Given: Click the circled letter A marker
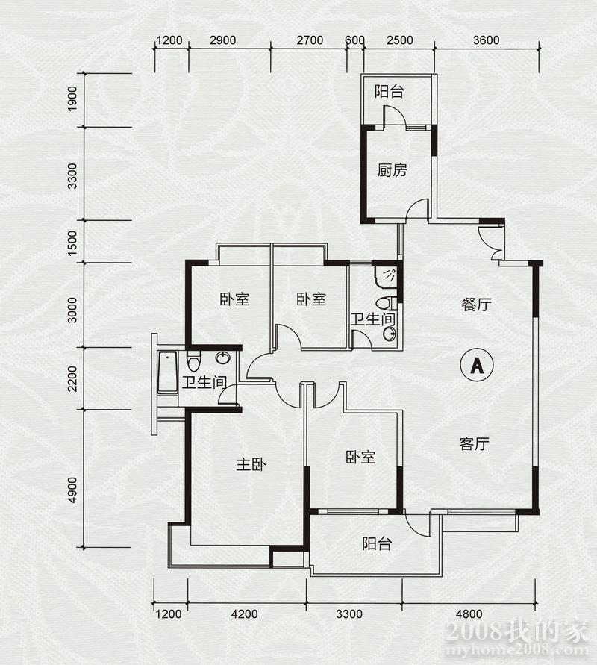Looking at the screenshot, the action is click(477, 365).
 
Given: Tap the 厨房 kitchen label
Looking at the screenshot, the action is click(393, 170).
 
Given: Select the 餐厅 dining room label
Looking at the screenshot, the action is click(477, 304).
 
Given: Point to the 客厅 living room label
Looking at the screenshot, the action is click(475, 443).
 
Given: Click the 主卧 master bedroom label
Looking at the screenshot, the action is click(251, 464).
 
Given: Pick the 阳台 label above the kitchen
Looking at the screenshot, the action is click(390, 92).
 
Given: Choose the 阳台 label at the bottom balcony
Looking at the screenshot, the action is click(377, 543).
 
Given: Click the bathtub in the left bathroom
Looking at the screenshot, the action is click(167, 373).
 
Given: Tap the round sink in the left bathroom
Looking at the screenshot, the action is click(223, 358).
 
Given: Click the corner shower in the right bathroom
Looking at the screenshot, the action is click(387, 276).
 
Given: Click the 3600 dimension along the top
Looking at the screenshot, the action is click(487, 40).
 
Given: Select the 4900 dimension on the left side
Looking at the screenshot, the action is click(72, 490).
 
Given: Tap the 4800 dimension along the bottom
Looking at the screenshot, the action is click(469, 614).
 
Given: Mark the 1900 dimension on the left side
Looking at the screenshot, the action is click(72, 99).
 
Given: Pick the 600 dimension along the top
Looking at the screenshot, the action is click(355, 40).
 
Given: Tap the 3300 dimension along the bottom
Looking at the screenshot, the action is click(349, 614).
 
